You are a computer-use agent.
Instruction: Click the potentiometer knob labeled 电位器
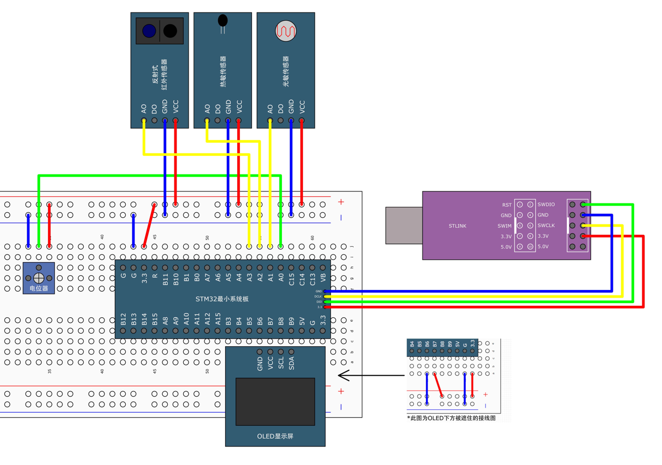(x=39, y=278)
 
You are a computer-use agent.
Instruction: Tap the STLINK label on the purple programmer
(x=458, y=225)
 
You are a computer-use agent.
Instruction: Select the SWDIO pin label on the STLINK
(x=546, y=205)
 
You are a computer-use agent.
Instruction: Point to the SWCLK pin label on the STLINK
(x=546, y=225)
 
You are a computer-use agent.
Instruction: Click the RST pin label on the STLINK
(x=507, y=205)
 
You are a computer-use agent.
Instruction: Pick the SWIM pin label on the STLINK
(x=505, y=226)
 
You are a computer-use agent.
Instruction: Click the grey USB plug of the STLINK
(x=403, y=225)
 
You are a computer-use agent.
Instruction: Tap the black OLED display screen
(x=275, y=402)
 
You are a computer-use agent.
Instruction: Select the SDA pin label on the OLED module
(x=291, y=363)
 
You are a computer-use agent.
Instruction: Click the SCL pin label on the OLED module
(x=281, y=363)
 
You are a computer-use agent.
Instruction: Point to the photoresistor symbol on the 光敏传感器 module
(x=286, y=31)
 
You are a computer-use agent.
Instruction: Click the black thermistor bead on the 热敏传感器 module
(x=222, y=21)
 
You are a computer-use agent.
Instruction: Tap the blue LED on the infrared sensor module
(x=149, y=31)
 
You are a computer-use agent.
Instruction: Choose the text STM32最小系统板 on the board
(x=222, y=299)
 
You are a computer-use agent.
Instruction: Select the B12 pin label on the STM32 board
(x=123, y=319)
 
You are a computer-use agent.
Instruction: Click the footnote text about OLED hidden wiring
(x=451, y=418)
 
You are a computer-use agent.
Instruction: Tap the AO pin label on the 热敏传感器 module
(x=207, y=109)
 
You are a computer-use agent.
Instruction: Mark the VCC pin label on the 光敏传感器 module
(x=302, y=106)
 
